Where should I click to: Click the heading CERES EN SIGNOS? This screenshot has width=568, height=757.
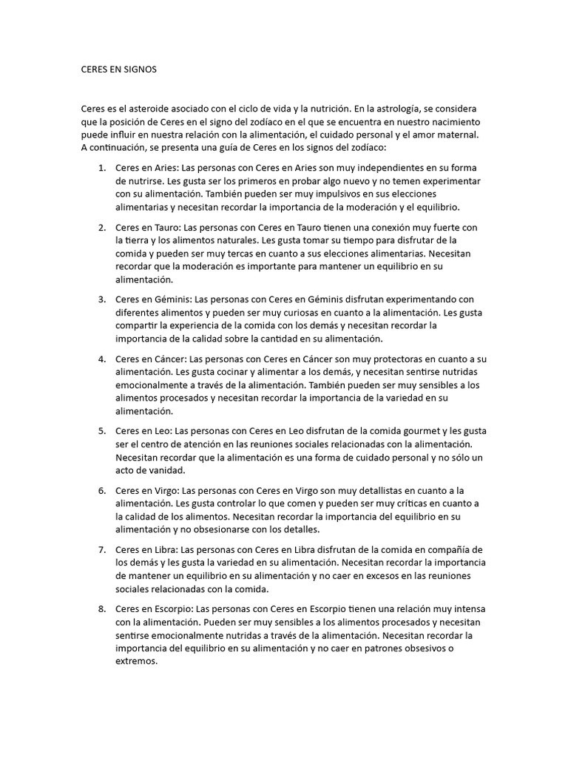118,69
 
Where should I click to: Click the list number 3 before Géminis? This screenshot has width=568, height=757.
101,301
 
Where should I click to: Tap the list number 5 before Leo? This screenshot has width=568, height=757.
101,431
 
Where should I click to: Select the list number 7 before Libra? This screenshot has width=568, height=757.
101,549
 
